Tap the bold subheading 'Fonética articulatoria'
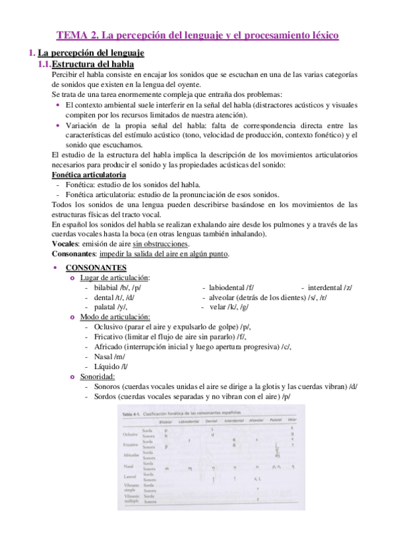tap(88, 175)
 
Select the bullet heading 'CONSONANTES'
tap(96, 268)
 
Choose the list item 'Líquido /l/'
tap(111, 366)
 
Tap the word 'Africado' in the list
tap(109, 346)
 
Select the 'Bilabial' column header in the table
tap(166, 420)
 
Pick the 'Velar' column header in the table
tap(292, 420)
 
